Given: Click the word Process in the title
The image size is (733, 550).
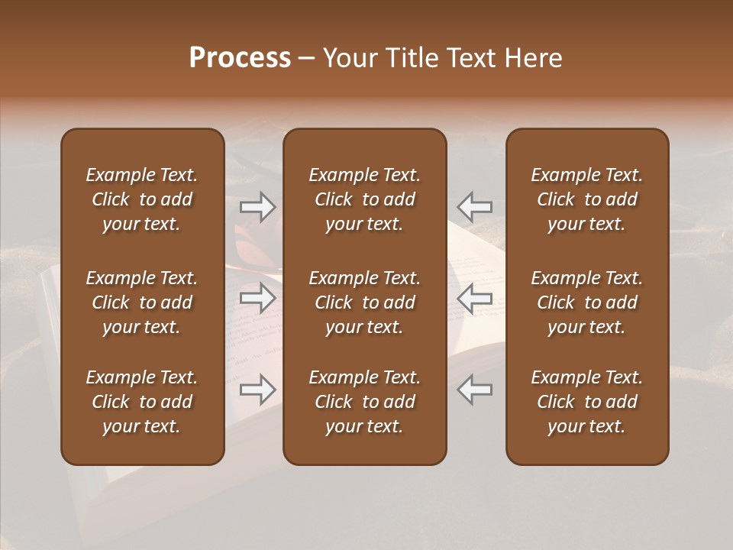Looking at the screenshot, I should pyautogui.click(x=240, y=58).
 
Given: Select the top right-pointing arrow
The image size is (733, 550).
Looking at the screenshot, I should pyautogui.click(x=258, y=207).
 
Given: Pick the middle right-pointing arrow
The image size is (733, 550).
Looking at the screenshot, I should pyautogui.click(x=258, y=298).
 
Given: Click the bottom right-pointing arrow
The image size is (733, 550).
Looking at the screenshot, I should pyautogui.click(x=258, y=390).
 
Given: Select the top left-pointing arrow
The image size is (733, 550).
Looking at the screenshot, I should pyautogui.click(x=474, y=207).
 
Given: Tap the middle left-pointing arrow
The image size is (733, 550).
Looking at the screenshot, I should pyautogui.click(x=474, y=298).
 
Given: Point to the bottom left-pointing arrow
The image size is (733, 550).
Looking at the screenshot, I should pyautogui.click(x=474, y=390).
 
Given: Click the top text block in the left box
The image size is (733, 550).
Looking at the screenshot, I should pyautogui.click(x=142, y=199).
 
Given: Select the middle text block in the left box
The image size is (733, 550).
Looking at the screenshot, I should pyautogui.click(x=142, y=302).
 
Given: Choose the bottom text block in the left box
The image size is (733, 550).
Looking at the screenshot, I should pyautogui.click(x=142, y=402).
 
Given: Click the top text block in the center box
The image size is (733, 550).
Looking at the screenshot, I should pyautogui.click(x=364, y=199).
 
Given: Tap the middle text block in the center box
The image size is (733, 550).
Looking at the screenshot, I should pyautogui.click(x=364, y=302).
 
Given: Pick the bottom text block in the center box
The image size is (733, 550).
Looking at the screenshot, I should pyautogui.click(x=364, y=402).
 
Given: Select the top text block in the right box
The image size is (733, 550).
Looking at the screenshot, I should pyautogui.click(x=586, y=199).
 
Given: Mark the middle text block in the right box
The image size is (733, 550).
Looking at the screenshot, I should pyautogui.click(x=586, y=302).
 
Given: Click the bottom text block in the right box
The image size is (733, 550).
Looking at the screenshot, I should pyautogui.click(x=586, y=402).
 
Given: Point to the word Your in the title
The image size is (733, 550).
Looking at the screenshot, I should pyautogui.click(x=348, y=58).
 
